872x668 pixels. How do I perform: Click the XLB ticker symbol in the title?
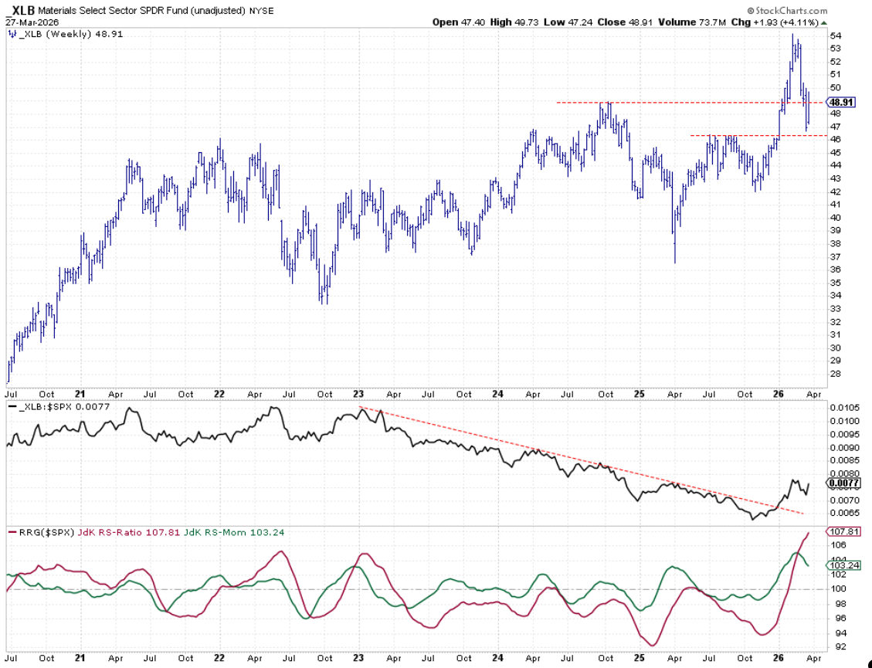tap(22, 11)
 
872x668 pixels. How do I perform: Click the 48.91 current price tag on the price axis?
tap(840, 102)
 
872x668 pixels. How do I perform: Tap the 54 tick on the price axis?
tap(834, 36)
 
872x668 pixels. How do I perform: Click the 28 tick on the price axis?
tap(834, 374)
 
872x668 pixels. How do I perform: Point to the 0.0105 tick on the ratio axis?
tap(842, 408)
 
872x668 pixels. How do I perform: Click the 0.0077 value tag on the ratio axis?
tap(842, 483)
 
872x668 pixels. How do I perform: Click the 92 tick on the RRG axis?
tap(834, 646)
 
